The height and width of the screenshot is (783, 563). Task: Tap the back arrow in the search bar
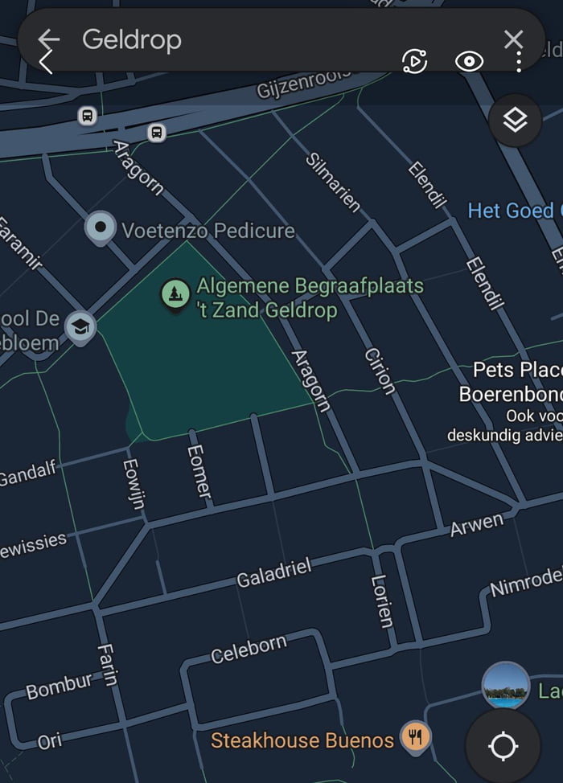coord(49,39)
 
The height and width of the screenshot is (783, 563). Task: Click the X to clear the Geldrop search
coord(513,39)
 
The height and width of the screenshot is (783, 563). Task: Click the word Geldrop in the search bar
coord(132,39)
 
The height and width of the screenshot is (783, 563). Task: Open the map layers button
coord(515,121)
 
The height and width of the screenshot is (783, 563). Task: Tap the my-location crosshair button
coord(503,746)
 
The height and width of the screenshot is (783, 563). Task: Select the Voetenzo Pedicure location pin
coord(101,228)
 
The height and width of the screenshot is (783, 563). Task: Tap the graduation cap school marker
coord(80,327)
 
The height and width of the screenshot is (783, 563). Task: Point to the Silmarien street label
coord(333,182)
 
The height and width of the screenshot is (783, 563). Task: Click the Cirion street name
coord(380,371)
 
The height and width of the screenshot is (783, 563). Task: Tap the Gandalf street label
coord(28,473)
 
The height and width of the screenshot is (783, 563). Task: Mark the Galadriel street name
coord(273,573)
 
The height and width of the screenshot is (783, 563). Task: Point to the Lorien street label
coord(383,601)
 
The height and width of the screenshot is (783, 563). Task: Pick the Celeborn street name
coord(249,650)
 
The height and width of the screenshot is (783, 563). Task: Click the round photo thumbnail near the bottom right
coord(506,686)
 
